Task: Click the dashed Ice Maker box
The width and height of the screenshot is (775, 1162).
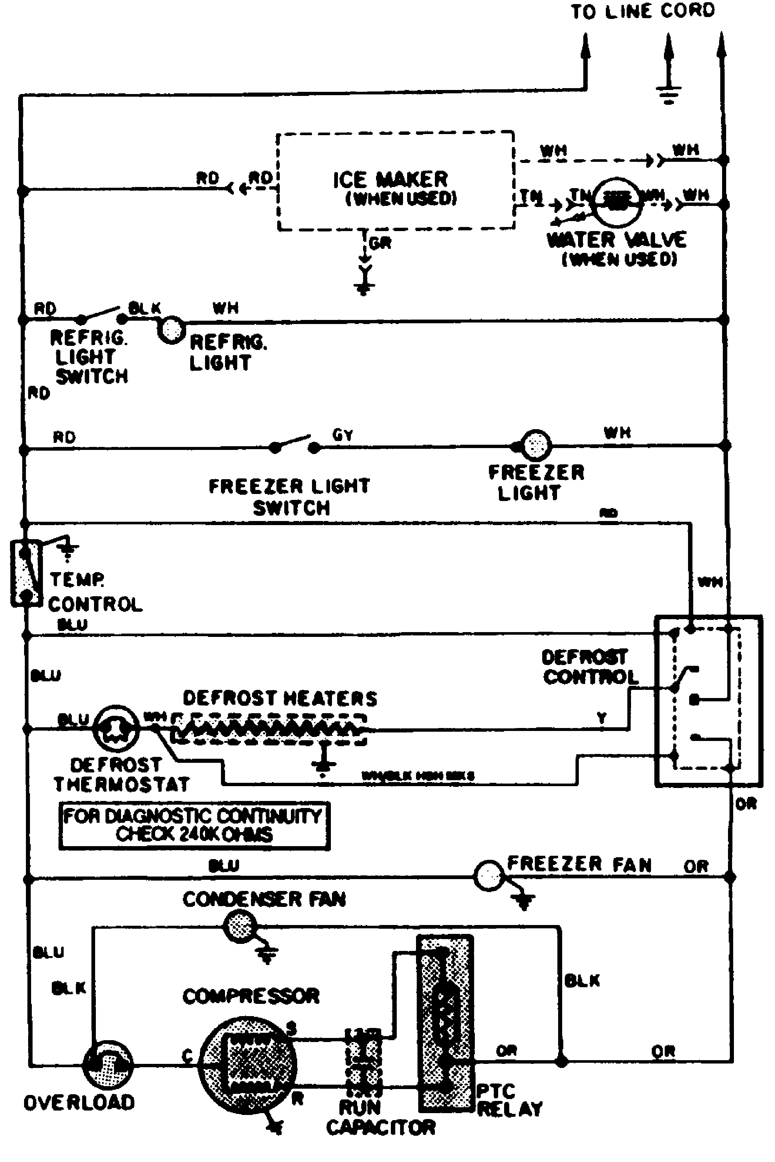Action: point(395,181)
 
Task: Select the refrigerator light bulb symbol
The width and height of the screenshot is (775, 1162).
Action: point(171,330)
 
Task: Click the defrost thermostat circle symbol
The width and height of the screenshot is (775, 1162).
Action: point(115,728)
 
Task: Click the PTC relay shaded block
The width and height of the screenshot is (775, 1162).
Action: point(445,1023)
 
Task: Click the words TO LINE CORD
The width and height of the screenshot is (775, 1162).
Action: point(642,11)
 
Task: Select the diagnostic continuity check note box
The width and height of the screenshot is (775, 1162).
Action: point(194,825)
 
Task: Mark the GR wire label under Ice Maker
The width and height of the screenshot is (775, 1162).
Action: point(380,243)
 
